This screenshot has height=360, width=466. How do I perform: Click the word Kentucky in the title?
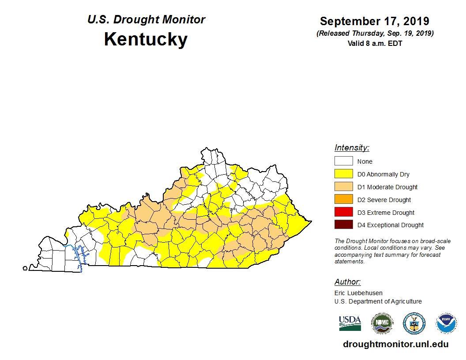tap(146, 39)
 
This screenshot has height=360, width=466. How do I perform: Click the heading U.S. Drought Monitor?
tap(146, 19)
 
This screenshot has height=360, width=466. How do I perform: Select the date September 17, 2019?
tap(374, 21)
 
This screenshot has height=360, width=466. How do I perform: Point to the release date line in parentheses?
tap(375, 34)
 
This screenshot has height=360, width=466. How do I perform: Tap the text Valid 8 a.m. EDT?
tap(375, 43)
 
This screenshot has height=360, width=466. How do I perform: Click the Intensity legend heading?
tap(352, 148)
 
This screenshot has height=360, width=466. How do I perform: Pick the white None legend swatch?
tap(343, 161)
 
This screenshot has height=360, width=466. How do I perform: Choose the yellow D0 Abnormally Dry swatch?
tap(343, 174)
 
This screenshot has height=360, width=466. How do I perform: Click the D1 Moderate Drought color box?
tap(343, 187)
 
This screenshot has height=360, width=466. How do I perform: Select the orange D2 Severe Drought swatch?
tap(343, 199)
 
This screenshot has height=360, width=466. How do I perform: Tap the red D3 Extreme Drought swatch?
tap(343, 212)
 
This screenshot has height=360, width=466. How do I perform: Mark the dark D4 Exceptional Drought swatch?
tap(343, 225)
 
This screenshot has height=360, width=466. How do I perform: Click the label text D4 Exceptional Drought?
tap(390, 225)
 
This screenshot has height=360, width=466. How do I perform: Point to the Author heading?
tap(347, 282)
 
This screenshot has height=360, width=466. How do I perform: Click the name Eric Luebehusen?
tap(358, 293)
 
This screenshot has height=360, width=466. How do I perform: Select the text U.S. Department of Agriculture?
tap(378, 301)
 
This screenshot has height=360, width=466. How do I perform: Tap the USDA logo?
tap(350, 323)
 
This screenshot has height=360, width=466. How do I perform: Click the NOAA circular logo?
tap(446, 323)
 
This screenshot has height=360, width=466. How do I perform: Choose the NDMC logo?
tap(382, 323)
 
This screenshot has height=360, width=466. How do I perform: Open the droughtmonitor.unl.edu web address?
tap(395, 345)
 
